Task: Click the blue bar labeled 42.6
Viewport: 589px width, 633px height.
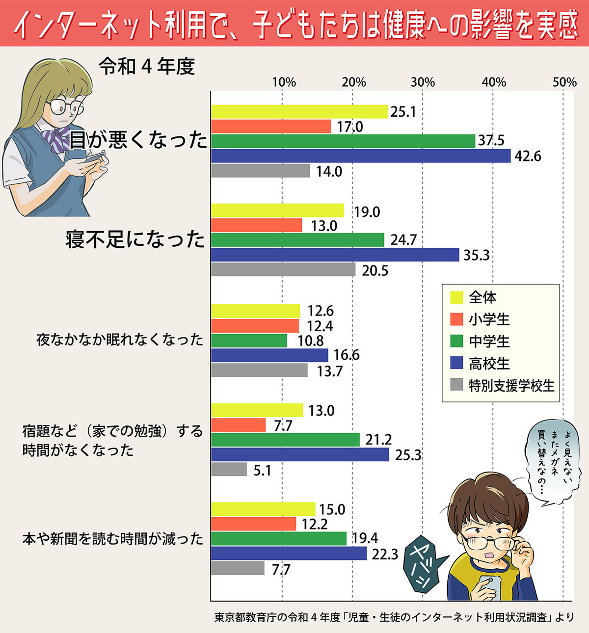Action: [x=361, y=156]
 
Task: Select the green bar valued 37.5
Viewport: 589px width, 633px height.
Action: [x=343, y=141]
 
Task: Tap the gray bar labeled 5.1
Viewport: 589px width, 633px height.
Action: [x=229, y=470]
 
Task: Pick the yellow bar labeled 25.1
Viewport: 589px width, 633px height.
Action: [x=299, y=112]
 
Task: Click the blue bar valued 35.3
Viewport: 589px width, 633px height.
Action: [x=335, y=255]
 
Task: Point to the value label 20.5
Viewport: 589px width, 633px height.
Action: [x=375, y=271]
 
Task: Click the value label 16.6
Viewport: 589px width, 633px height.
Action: [x=347, y=355]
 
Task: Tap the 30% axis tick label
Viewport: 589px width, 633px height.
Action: [x=423, y=82]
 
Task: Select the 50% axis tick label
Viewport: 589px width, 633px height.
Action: [x=564, y=82]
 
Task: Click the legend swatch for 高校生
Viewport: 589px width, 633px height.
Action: [x=456, y=363]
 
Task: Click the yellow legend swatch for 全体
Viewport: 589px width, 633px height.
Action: [x=456, y=297]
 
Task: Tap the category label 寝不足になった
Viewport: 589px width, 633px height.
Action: [x=135, y=239]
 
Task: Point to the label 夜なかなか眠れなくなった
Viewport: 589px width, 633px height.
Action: [x=120, y=340]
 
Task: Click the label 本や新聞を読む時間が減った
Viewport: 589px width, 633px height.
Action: [x=113, y=539]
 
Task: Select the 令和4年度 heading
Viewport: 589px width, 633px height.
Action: [x=147, y=67]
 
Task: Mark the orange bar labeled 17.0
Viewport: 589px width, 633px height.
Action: [x=271, y=127]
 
